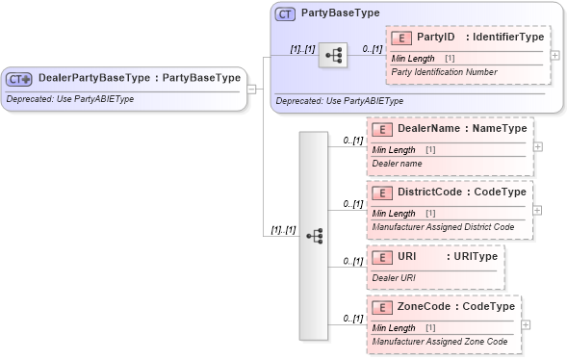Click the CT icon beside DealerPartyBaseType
[x=20, y=79]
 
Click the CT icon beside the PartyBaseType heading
[x=285, y=14]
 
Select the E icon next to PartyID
[x=400, y=38]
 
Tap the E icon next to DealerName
[x=381, y=128]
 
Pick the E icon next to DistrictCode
[x=381, y=192]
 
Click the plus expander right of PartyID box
[x=554, y=55]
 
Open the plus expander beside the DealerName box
[x=537, y=146]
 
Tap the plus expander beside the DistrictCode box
[x=537, y=210]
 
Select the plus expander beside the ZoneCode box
[x=525, y=324]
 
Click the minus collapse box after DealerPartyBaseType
[x=251, y=89]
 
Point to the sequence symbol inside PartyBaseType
[x=333, y=56]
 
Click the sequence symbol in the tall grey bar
[x=314, y=235]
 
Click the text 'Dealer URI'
[x=394, y=277]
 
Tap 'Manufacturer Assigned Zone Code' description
[x=439, y=342]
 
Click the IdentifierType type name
[x=504, y=37]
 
